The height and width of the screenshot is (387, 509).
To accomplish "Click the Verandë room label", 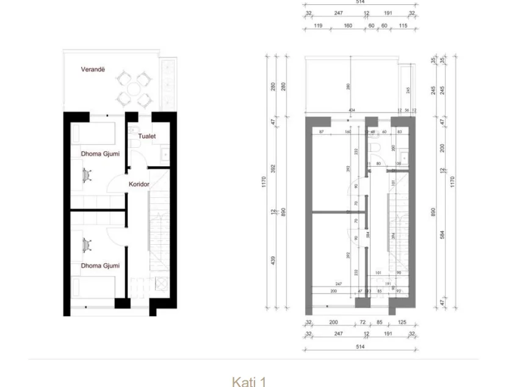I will [x=93, y=70].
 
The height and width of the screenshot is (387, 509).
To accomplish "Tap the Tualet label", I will [x=146, y=137].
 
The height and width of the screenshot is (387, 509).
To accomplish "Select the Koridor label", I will [x=139, y=184].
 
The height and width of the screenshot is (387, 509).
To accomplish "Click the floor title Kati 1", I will [x=249, y=382].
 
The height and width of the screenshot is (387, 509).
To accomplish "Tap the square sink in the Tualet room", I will [x=164, y=155].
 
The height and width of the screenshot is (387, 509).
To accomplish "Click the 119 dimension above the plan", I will [x=318, y=26].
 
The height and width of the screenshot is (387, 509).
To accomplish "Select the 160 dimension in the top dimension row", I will [x=348, y=26].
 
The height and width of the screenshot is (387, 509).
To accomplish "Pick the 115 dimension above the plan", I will [x=403, y=26].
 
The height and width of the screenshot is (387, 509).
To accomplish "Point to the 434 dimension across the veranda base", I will [x=352, y=110].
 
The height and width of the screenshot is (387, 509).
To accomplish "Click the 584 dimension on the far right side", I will [x=443, y=233].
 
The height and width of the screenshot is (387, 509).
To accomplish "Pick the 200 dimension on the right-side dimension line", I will [x=443, y=148].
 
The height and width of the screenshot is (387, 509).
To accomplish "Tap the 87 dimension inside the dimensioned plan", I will [x=321, y=131].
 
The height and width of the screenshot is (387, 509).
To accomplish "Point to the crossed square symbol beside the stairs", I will [x=162, y=283].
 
